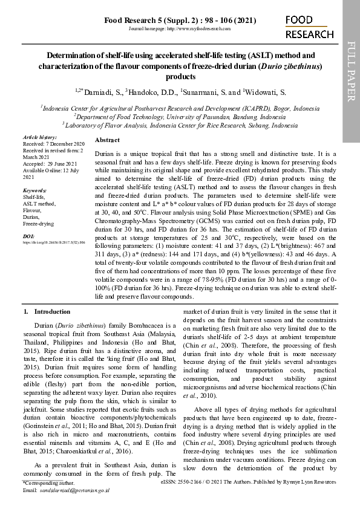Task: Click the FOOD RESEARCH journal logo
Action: [309, 28]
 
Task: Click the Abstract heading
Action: [108, 140]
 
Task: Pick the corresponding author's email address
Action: [74, 490]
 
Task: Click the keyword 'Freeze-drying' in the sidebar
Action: [38, 224]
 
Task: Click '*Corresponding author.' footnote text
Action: [48, 484]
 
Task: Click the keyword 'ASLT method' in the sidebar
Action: [38, 204]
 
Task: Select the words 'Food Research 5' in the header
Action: [131, 20]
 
